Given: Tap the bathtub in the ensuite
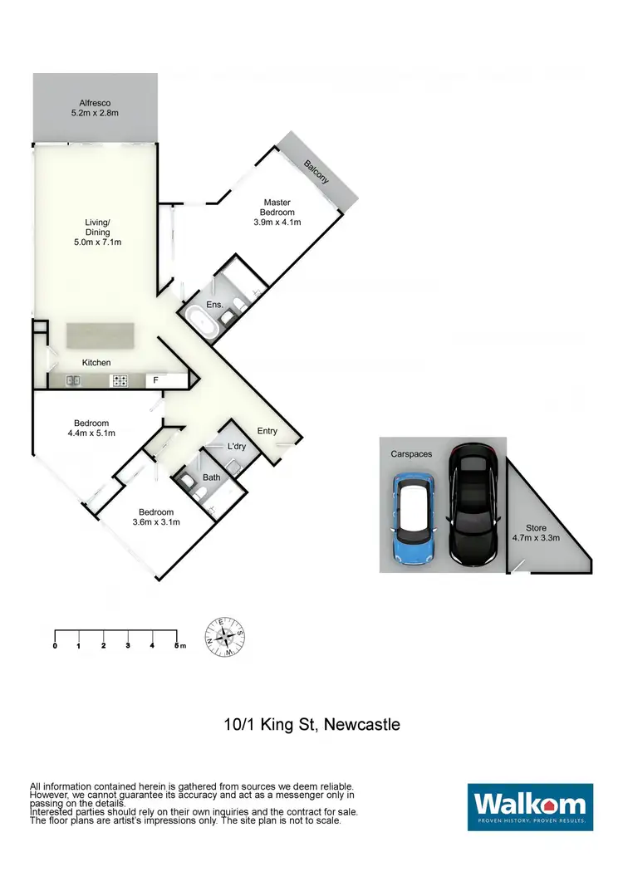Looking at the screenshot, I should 202,321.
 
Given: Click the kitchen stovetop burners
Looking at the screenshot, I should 120,381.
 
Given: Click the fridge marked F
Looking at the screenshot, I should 155,380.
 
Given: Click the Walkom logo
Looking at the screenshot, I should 530,807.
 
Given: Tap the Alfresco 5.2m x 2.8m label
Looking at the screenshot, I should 94,107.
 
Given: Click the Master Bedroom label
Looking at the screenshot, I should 277,212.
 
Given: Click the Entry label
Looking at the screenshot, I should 267,430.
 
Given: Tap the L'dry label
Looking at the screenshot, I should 237,447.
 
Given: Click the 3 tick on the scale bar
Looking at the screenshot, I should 128,645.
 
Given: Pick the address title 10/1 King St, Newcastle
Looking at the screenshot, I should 311,724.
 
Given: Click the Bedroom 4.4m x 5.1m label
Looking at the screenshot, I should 91,428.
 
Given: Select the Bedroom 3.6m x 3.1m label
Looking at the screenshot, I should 156,516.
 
